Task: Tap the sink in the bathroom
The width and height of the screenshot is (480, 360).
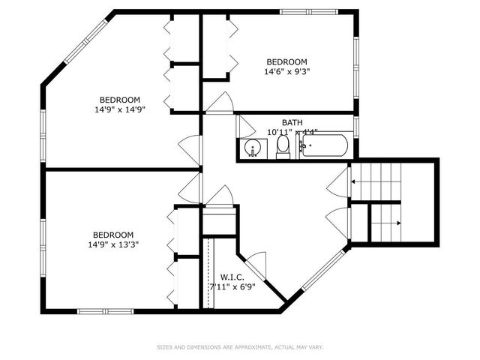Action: (x=253, y=148)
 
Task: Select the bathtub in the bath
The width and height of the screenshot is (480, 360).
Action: (x=325, y=146)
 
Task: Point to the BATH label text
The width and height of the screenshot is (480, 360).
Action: (x=292, y=122)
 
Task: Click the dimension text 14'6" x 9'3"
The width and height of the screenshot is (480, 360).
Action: (x=286, y=72)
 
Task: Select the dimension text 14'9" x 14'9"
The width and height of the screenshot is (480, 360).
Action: (x=119, y=109)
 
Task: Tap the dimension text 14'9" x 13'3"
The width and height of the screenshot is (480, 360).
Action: (x=113, y=244)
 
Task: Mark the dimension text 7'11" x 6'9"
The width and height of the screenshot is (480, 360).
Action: (x=232, y=286)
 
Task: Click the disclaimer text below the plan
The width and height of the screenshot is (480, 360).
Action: (x=240, y=347)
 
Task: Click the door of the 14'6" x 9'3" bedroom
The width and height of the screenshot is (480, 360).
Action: (x=220, y=103)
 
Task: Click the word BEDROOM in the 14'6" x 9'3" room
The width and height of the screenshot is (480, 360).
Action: (x=286, y=61)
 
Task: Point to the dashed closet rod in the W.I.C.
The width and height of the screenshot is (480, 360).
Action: (x=207, y=273)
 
